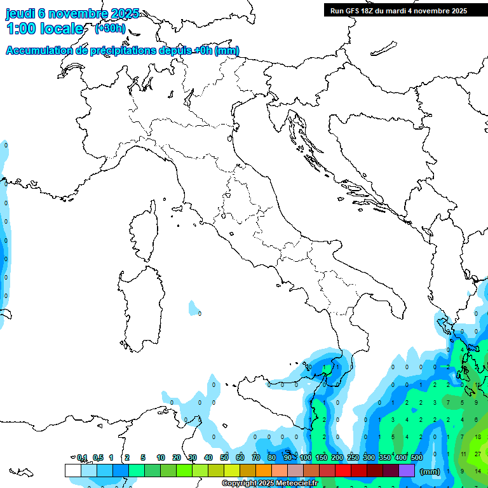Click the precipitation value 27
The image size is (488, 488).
point(477,454)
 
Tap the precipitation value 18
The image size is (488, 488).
point(477,437)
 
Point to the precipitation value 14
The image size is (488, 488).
point(477,471)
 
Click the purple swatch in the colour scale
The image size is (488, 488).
point(407,470)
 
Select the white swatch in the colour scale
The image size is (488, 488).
point(72,470)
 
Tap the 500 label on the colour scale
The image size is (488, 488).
point(417,457)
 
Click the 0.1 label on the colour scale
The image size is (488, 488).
point(82,457)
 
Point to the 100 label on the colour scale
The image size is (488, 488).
point(306,457)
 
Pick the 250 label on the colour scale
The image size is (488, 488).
point(353,457)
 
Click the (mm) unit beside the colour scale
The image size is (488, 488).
point(430,471)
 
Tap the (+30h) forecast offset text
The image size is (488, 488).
point(111,29)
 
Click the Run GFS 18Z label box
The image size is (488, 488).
point(398,11)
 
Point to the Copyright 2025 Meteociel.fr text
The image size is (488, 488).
point(269,484)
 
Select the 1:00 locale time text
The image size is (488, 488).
point(44,29)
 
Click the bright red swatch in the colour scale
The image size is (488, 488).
point(343,470)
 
